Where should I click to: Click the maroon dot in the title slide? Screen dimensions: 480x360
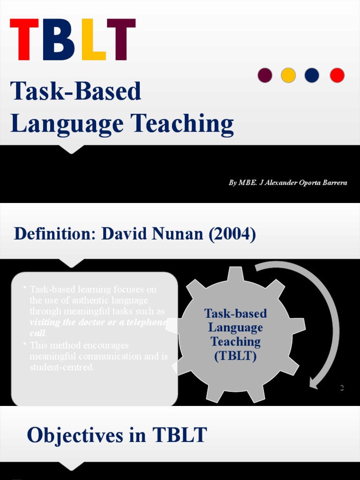(x=265, y=75)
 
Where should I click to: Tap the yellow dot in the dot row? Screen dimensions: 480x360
(x=288, y=75)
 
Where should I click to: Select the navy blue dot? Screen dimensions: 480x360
(x=312, y=75)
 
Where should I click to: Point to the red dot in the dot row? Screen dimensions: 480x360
(x=337, y=75)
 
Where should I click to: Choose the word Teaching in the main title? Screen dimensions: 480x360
(x=182, y=124)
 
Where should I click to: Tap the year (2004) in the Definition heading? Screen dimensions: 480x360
(x=232, y=233)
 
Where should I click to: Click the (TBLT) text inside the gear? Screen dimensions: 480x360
(x=235, y=356)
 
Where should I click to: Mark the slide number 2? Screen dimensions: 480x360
(x=342, y=388)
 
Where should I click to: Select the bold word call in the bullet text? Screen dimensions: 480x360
(x=37, y=333)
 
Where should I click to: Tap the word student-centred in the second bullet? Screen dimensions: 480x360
(x=61, y=367)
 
